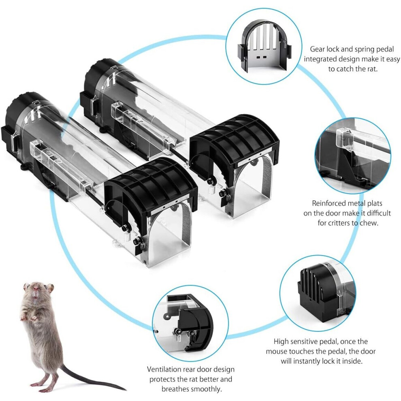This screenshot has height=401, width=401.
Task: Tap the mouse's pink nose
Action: (x=36, y=290)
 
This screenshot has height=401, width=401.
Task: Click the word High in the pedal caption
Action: (x=282, y=341)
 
